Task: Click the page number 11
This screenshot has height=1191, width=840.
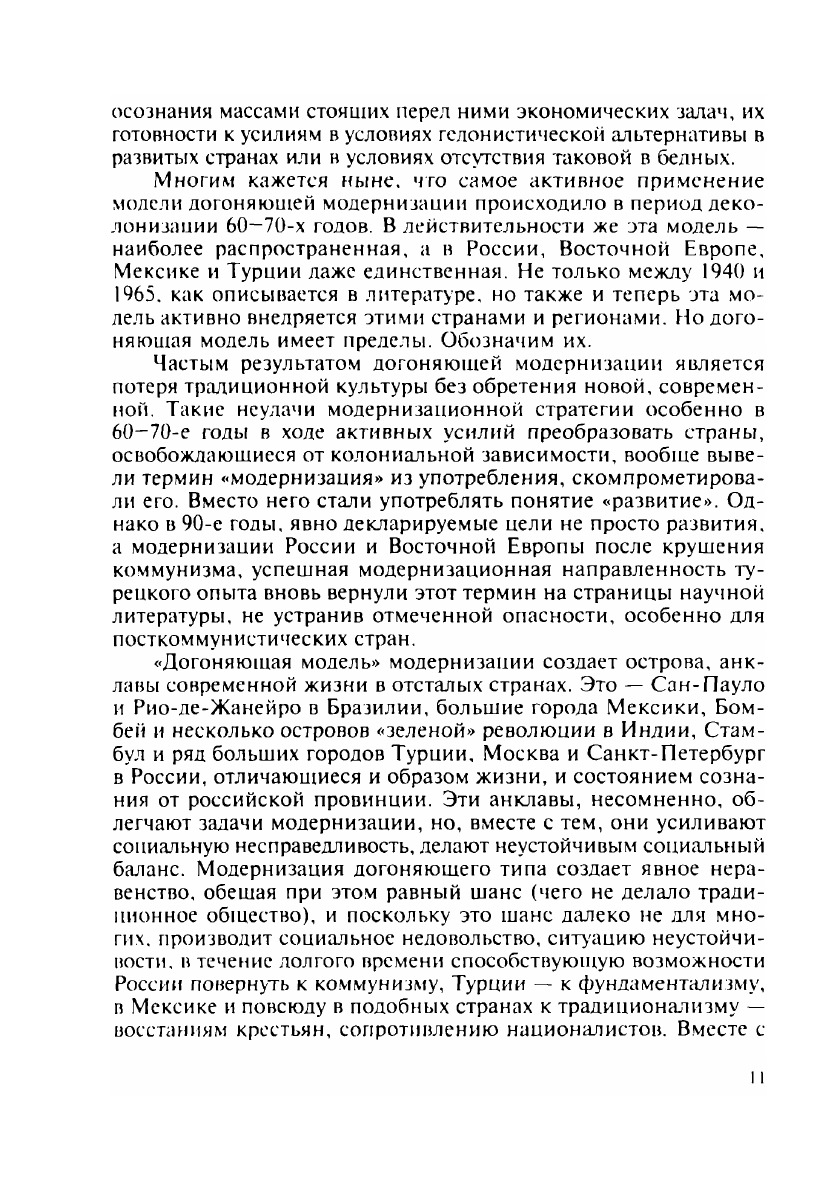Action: (x=755, y=1077)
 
